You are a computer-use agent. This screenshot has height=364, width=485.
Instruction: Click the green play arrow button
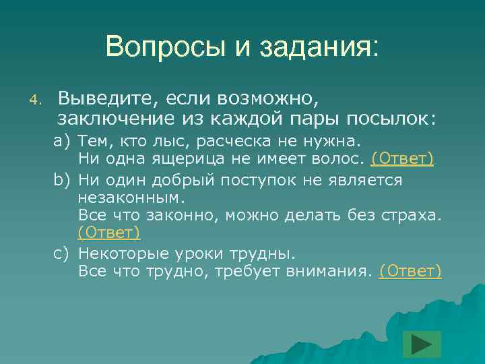point(422,344)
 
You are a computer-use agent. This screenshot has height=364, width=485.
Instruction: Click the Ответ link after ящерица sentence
point(401,158)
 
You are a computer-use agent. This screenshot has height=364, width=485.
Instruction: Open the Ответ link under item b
point(109,233)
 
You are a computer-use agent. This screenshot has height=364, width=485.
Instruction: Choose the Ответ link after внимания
point(410,271)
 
